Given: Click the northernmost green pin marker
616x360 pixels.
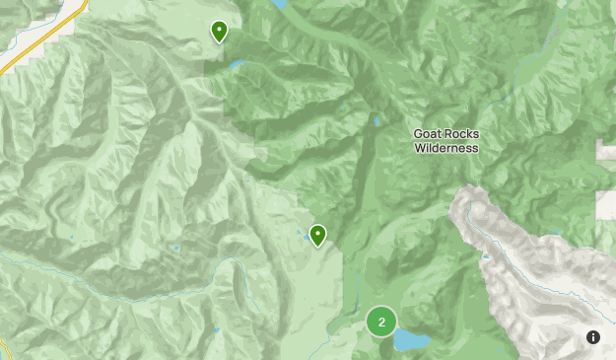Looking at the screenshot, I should (x=219, y=33).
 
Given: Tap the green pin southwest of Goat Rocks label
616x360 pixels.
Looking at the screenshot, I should (x=318, y=236).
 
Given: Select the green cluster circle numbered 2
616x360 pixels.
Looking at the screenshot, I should (x=381, y=322).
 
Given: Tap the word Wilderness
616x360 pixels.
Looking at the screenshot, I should (x=445, y=149).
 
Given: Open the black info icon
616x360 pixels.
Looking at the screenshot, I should (x=593, y=337).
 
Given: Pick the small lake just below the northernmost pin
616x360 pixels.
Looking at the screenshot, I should (x=238, y=66).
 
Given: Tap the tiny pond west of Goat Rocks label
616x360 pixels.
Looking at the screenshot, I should (x=376, y=122).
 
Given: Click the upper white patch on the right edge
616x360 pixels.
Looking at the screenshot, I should (x=605, y=149).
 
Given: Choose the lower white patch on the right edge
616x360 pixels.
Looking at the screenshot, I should (x=605, y=204).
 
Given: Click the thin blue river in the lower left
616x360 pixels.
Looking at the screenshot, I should (x=99, y=285).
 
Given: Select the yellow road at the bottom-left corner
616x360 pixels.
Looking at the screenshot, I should (x=3, y=350).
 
